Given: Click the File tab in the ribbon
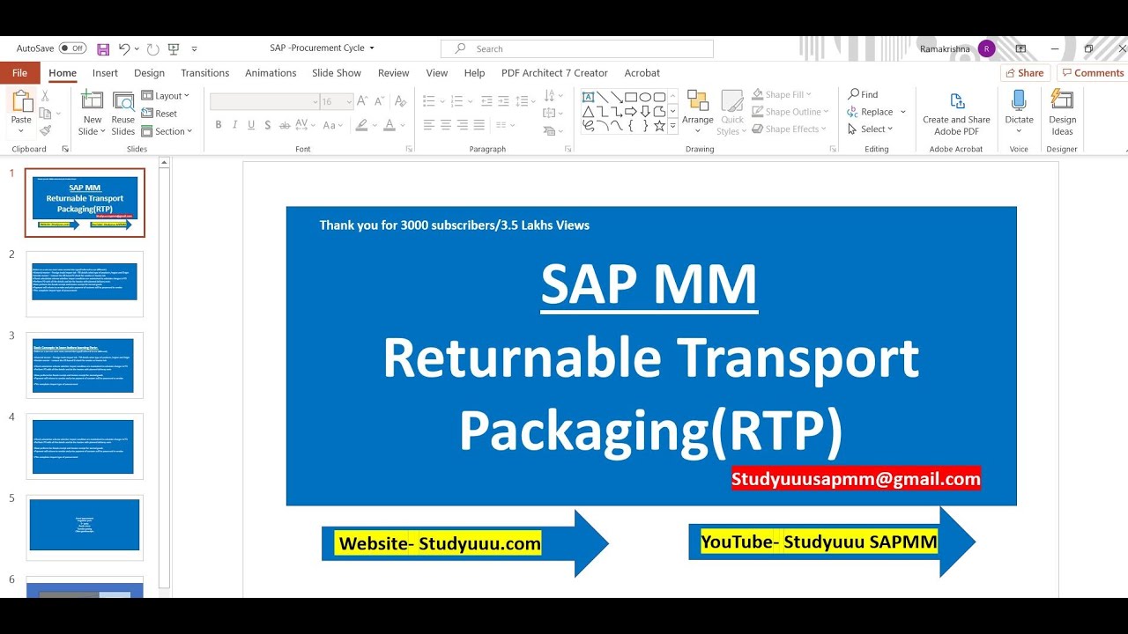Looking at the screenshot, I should [19, 73].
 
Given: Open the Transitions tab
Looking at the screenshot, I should [204, 73].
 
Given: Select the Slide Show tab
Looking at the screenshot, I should [337, 73].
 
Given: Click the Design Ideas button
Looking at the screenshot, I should [1062, 112].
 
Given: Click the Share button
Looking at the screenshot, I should [1025, 73].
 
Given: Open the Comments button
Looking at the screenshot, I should [1093, 73].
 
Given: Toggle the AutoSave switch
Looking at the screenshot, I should [72, 48].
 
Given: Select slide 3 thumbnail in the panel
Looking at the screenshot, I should [85, 365].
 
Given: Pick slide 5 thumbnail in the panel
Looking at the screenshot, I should [85, 527].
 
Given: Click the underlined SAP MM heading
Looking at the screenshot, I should [649, 284].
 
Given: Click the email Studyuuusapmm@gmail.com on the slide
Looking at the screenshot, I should [856, 479].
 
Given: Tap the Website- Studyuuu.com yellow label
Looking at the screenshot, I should [440, 543].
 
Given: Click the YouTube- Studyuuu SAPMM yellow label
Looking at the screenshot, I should [819, 542].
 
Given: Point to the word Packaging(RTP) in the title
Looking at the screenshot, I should [650, 430].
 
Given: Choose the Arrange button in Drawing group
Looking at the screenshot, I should [697, 111].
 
